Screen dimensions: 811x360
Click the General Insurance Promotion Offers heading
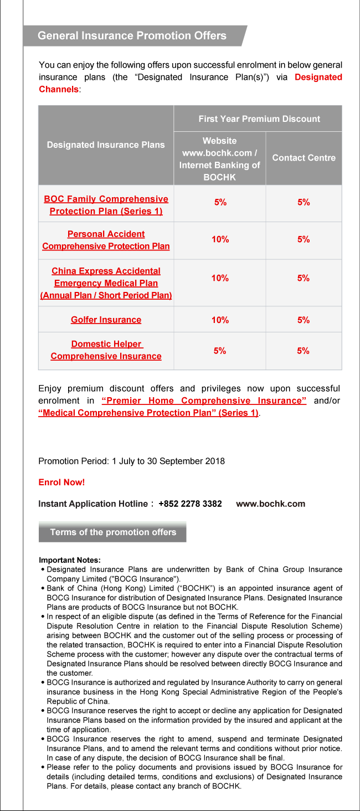click(132, 36)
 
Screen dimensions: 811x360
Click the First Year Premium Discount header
click(259, 119)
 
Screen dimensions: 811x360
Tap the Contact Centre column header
click(304, 158)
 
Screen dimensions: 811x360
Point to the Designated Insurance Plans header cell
click(106, 145)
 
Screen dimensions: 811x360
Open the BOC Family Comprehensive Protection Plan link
click(106, 205)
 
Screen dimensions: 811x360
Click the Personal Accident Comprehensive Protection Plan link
click(106, 240)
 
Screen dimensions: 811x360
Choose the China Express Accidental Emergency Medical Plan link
click(106, 283)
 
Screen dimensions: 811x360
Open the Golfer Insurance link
click(106, 320)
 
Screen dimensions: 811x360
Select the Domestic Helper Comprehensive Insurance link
click(106, 350)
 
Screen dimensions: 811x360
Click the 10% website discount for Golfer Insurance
click(220, 320)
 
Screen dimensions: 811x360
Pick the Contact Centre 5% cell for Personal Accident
click(304, 239)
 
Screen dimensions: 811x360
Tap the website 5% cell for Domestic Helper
click(220, 351)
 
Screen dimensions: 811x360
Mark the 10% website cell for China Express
click(220, 278)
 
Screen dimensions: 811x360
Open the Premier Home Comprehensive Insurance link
click(204, 401)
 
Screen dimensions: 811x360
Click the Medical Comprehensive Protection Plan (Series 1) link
click(148, 413)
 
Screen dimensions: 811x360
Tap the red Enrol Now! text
click(61, 483)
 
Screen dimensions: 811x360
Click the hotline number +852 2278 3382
click(190, 504)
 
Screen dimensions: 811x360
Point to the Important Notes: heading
click(70, 561)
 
